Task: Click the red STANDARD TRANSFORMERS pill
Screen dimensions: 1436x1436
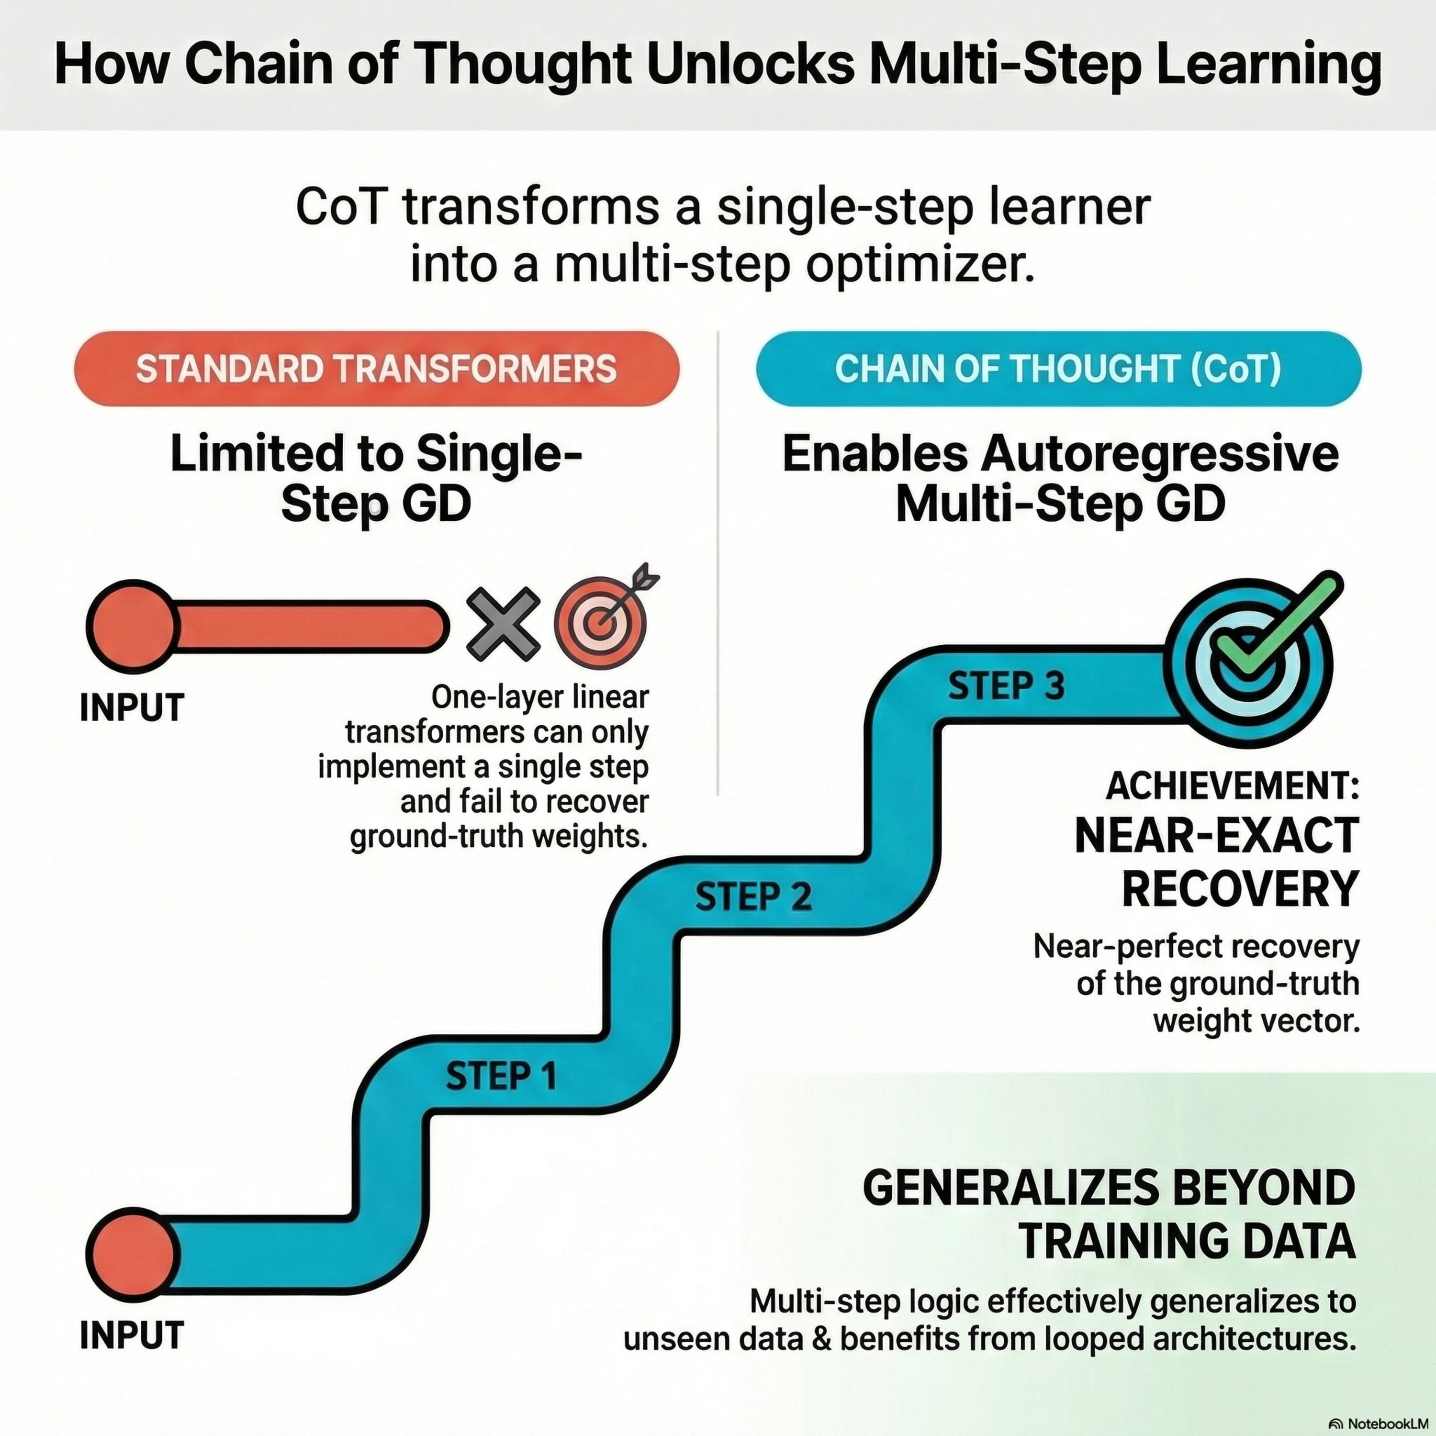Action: (377, 369)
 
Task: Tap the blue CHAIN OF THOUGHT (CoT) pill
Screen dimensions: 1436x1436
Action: (1058, 369)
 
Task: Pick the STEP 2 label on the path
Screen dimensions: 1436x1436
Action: (753, 897)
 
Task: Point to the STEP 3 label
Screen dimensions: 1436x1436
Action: (1006, 686)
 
